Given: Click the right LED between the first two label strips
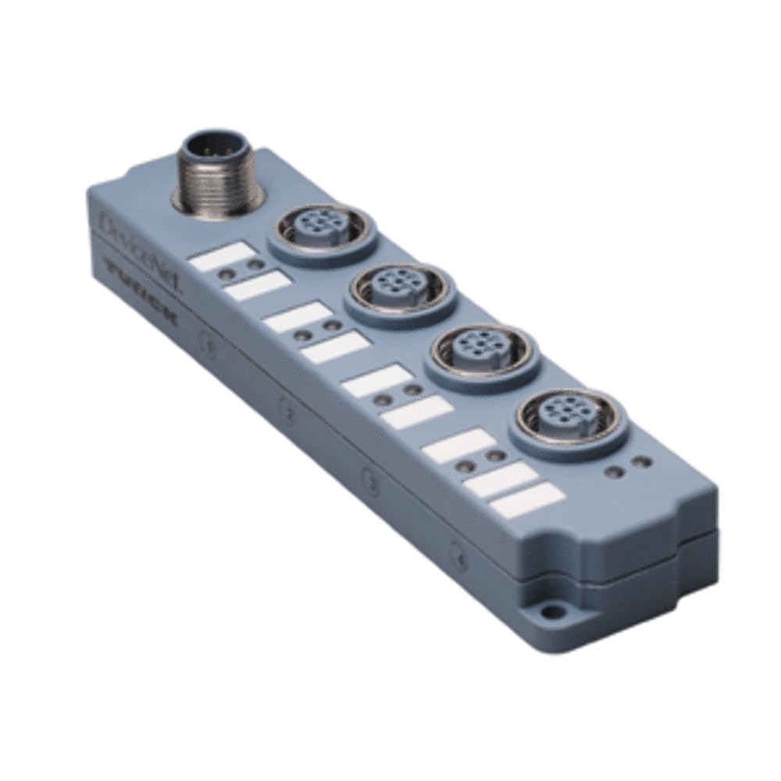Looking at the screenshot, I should (x=251, y=266).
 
